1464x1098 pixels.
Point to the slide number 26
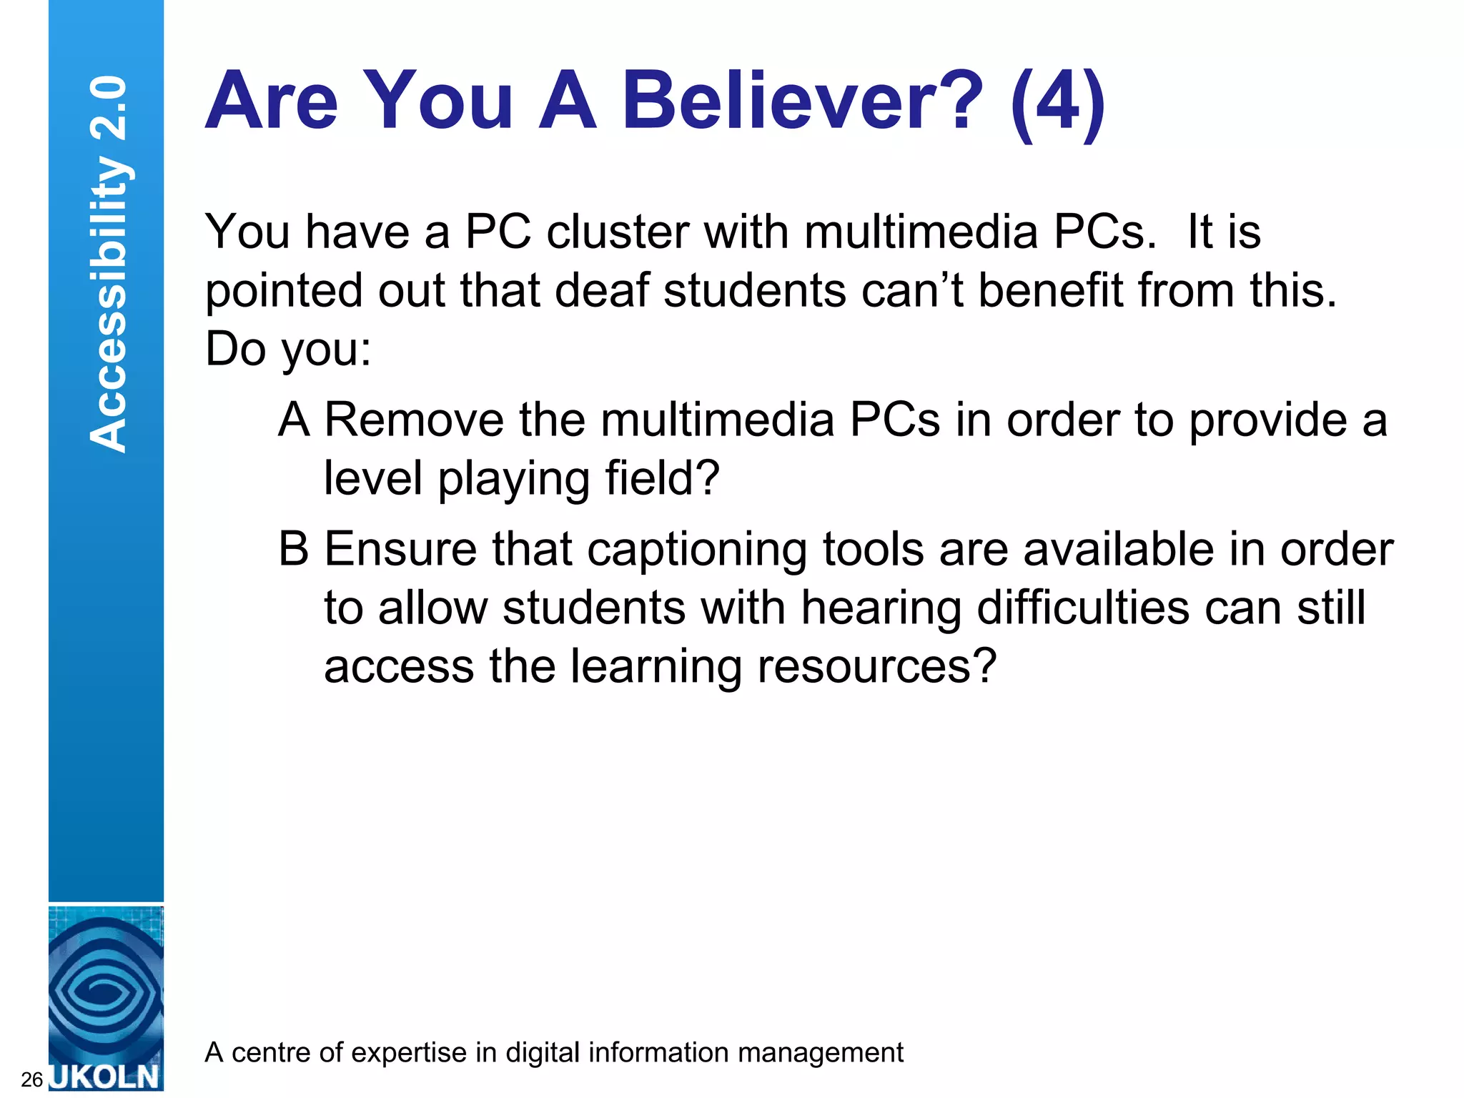pos(31,1079)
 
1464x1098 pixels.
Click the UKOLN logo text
pos(106,1077)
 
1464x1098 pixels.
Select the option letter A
pos(294,420)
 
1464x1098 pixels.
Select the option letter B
pos(294,549)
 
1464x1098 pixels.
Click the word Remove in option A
pos(414,420)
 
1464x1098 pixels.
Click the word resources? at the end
pos(876,666)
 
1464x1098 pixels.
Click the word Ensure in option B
pos(400,549)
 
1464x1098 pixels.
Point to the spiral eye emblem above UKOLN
pos(106,990)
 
